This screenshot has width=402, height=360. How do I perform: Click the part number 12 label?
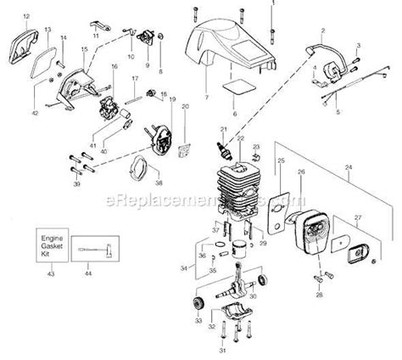coord(25,16)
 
